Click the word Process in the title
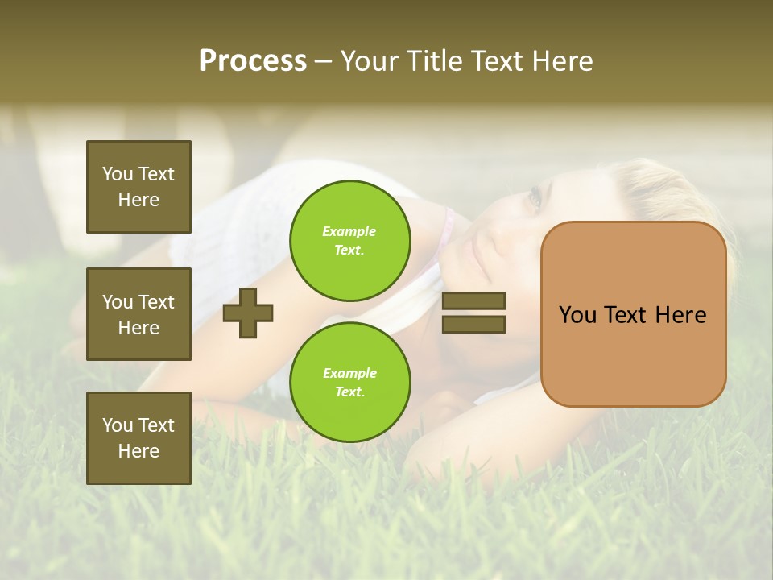pos(253,61)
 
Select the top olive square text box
pos(138,187)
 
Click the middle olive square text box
pos(138,314)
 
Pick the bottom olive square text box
pos(138,438)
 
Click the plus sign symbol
pos(248,313)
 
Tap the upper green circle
pos(350,240)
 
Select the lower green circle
pos(350,382)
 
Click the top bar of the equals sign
pos(474,300)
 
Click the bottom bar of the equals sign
pos(474,324)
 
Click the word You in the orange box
pos(577,315)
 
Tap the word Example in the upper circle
pos(349,231)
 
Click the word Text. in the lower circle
pos(349,392)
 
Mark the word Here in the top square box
pos(138,200)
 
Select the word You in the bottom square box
pos(118,425)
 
